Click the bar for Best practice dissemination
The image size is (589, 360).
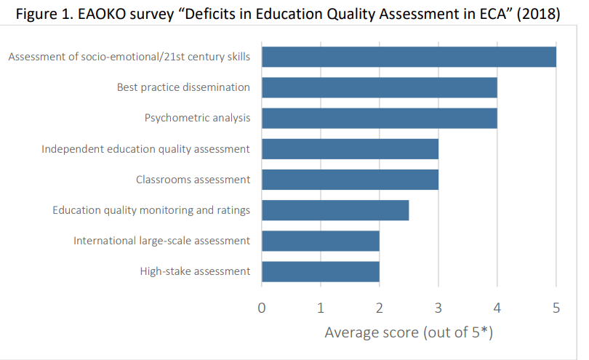379,87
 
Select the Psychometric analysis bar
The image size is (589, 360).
379,118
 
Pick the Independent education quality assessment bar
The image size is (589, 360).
350,148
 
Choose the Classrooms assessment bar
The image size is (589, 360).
350,180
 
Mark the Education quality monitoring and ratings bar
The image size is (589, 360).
334,210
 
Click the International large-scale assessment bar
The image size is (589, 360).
320,241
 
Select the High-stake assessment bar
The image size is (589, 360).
320,271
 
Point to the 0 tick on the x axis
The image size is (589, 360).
262,308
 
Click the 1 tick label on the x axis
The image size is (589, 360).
321,308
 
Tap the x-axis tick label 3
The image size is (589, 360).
438,308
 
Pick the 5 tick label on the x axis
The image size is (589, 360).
556,308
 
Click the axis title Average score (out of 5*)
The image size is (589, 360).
409,332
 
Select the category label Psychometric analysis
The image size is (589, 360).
197,118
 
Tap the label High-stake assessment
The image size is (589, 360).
195,271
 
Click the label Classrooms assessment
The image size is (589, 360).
193,180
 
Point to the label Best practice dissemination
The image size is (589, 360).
183,87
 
